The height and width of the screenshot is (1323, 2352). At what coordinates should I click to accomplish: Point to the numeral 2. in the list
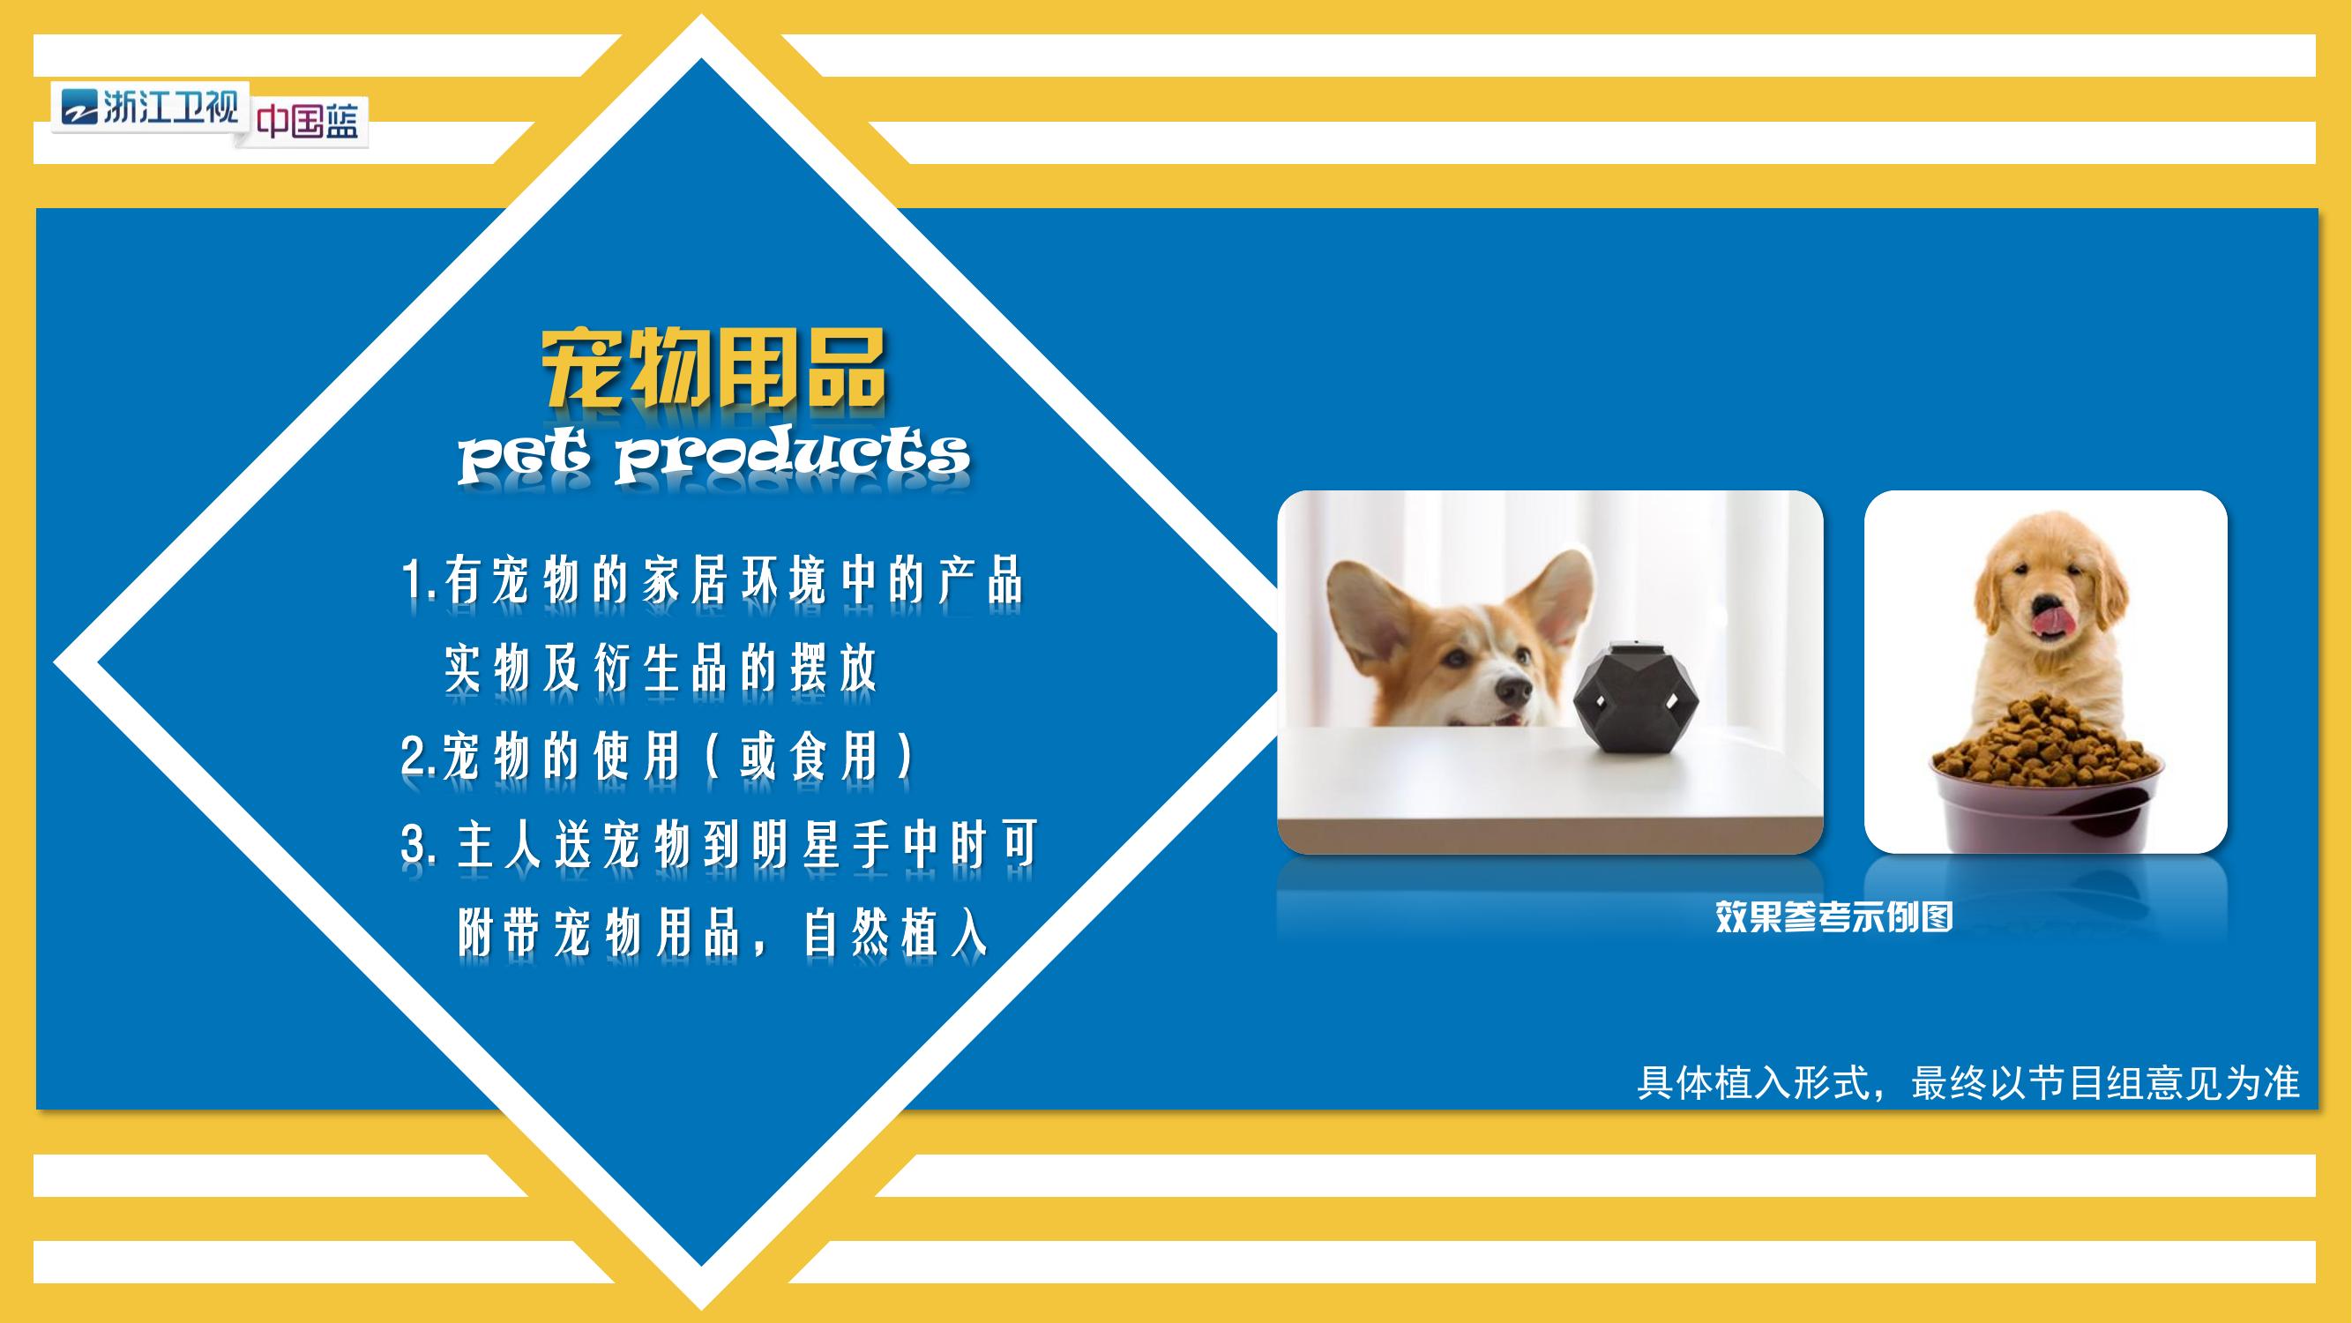[x=419, y=756]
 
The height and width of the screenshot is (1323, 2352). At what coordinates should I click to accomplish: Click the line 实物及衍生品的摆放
[x=661, y=669]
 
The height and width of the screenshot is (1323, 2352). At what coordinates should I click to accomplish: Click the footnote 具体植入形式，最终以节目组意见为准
[x=1967, y=1083]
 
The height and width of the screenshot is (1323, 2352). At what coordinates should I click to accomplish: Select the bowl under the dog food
[x=2045, y=804]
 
